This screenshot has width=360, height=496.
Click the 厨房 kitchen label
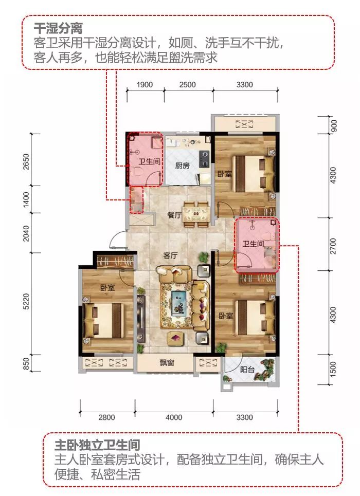pyautogui.click(x=182, y=166)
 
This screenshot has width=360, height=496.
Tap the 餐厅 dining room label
pyautogui.click(x=174, y=215)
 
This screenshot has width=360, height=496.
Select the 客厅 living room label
pyautogui.click(x=170, y=255)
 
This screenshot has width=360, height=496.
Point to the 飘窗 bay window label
pyautogui.click(x=167, y=362)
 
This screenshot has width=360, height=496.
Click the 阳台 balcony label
pyautogui.click(x=247, y=369)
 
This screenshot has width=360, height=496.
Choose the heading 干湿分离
pyautogui.click(x=58, y=28)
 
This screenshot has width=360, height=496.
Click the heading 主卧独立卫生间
pyautogui.click(x=97, y=445)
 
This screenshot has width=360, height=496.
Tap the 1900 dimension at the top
pyautogui.click(x=145, y=85)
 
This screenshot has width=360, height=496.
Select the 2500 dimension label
pyautogui.click(x=187, y=85)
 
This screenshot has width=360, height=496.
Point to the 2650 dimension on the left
pyautogui.click(x=26, y=161)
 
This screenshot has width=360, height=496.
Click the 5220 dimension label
pyautogui.click(x=26, y=302)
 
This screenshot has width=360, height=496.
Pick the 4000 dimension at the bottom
pyautogui.click(x=174, y=417)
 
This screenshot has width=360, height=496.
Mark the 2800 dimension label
pyautogui.click(x=106, y=417)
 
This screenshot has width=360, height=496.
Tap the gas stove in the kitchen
pyautogui.click(x=205, y=159)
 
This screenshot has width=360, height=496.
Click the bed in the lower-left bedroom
pyautogui.click(x=104, y=320)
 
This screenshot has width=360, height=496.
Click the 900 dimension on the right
pyautogui.click(x=333, y=125)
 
